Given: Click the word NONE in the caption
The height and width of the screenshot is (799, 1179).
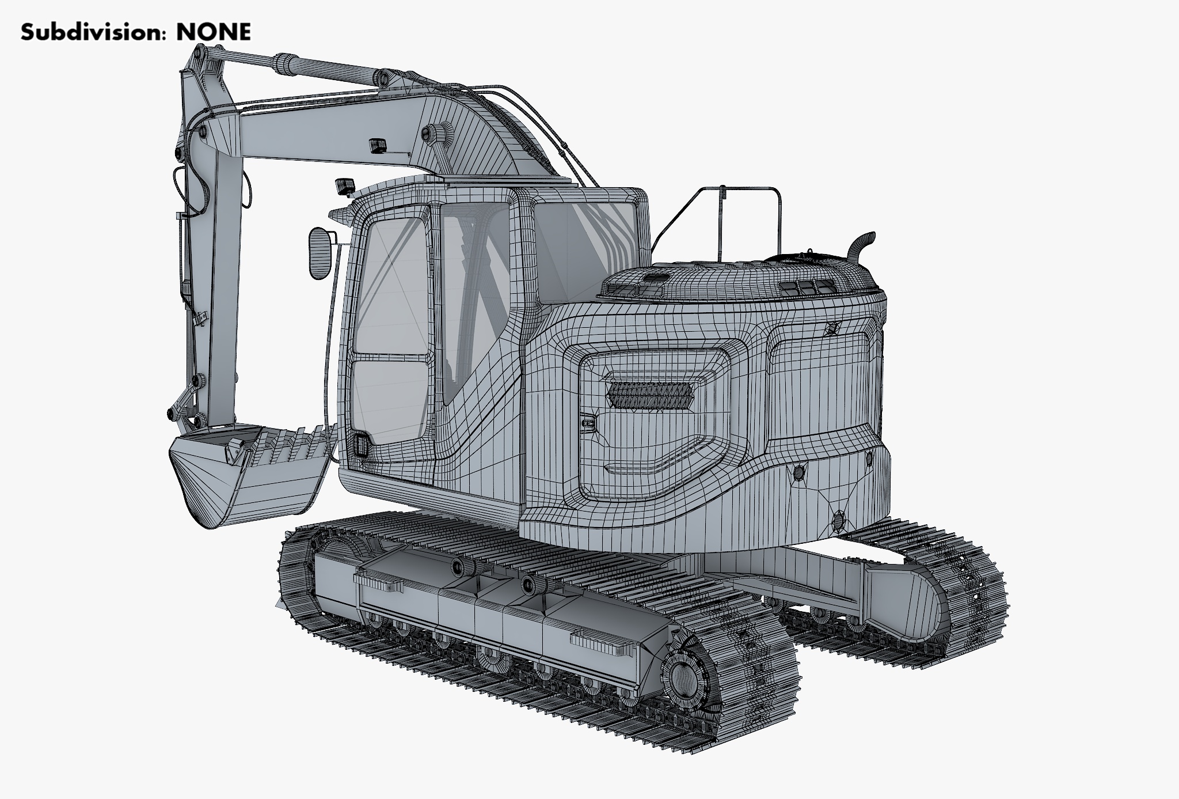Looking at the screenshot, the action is [x=214, y=32].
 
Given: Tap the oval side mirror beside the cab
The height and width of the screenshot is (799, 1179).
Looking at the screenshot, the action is [x=320, y=253].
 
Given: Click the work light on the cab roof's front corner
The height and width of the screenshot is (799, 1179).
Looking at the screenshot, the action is [x=344, y=186].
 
